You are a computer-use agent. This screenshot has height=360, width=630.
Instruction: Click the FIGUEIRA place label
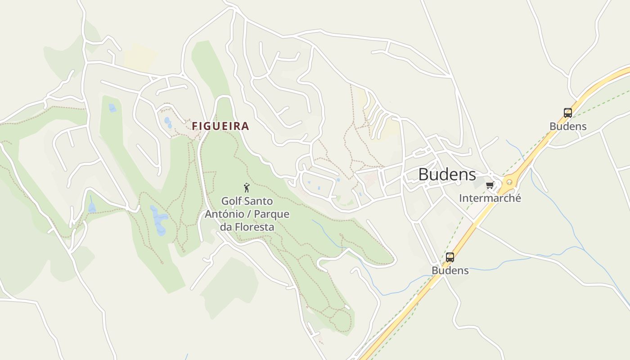pyautogui.click(x=220, y=126)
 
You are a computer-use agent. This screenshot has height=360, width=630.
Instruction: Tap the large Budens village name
pyautogui.click(x=447, y=175)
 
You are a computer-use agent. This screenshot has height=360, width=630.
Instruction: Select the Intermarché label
pyautogui.click(x=490, y=198)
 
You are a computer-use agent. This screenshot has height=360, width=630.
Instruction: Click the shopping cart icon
pyautogui.click(x=490, y=185)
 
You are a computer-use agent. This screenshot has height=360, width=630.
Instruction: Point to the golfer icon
pyautogui.click(x=246, y=188)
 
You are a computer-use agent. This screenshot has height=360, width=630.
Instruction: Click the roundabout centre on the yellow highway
pyautogui.click(x=509, y=182)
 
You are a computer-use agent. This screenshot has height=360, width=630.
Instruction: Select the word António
pyautogui.click(x=224, y=214)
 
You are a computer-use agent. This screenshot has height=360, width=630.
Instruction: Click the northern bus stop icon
pyautogui.click(x=568, y=113)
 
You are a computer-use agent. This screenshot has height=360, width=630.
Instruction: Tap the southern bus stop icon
pyautogui.click(x=450, y=257)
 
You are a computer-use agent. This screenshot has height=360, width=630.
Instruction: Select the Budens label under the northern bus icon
pyautogui.click(x=568, y=126)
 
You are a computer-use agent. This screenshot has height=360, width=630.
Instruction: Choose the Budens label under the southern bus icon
pyautogui.click(x=450, y=270)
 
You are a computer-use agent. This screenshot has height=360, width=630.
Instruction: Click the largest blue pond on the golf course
pyautogui.click(x=159, y=220)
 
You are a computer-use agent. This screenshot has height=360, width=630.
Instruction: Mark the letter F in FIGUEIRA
pyautogui.click(x=195, y=126)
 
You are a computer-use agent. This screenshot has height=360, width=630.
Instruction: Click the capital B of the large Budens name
pyautogui.click(x=423, y=175)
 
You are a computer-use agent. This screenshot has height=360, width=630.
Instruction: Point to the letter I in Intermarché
pyautogui.click(x=461, y=198)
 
